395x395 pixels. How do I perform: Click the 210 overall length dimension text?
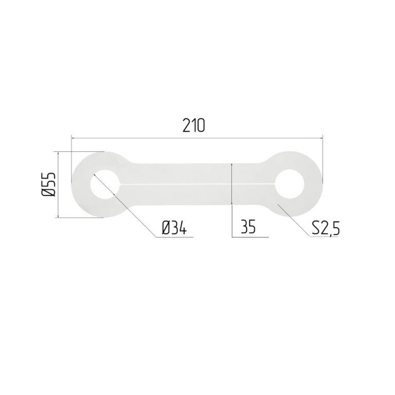[194, 125]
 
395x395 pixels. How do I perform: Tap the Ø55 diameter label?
[48, 184]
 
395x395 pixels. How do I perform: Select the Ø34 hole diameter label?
[174, 227]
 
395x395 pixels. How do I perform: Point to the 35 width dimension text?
[248, 226]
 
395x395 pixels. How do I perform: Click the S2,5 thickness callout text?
[326, 228]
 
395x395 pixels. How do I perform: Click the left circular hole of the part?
[105, 184]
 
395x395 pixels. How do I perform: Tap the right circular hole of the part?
[290, 184]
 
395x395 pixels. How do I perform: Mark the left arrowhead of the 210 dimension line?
[74, 138]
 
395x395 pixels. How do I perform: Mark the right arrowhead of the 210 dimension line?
[320, 138]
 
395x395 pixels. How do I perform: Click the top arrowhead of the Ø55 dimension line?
[58, 154]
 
